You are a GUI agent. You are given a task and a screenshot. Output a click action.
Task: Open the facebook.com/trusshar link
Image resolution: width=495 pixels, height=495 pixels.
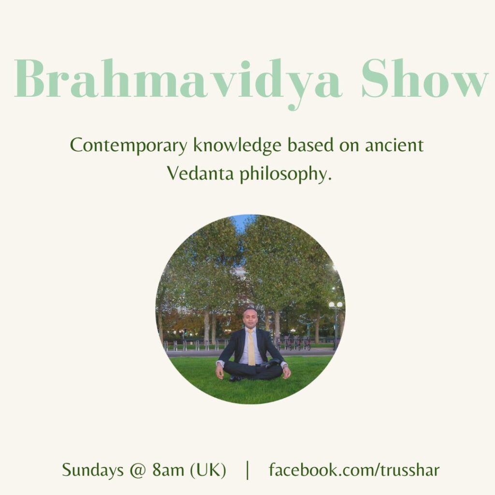[354, 470]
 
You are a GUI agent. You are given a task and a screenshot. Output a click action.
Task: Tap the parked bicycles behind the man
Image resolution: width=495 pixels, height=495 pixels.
[297, 343]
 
